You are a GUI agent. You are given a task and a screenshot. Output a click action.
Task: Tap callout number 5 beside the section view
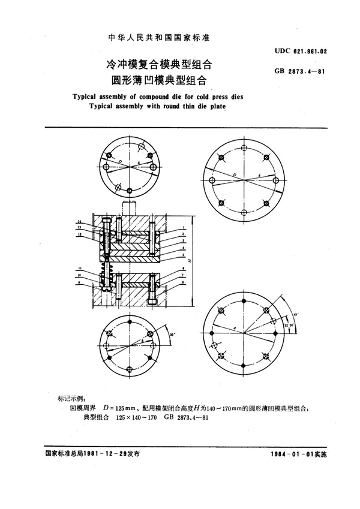[x=181, y=254]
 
